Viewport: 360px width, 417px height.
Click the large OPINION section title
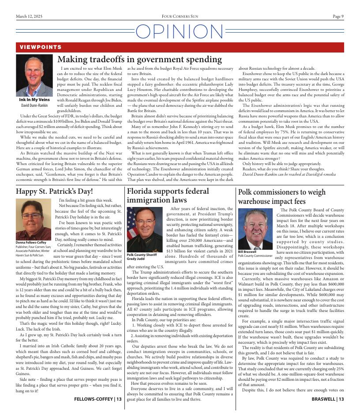180,32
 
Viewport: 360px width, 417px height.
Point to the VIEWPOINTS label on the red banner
41,47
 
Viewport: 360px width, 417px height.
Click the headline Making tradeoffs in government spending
140,60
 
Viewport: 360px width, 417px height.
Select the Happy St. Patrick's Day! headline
54,192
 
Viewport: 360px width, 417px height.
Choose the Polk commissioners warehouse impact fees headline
281,197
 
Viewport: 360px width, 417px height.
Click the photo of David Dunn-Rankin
34,75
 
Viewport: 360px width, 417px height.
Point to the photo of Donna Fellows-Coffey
34,219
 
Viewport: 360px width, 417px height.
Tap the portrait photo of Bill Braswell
255,229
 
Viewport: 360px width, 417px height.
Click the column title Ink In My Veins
34,100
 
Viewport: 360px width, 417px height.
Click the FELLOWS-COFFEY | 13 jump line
98,399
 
